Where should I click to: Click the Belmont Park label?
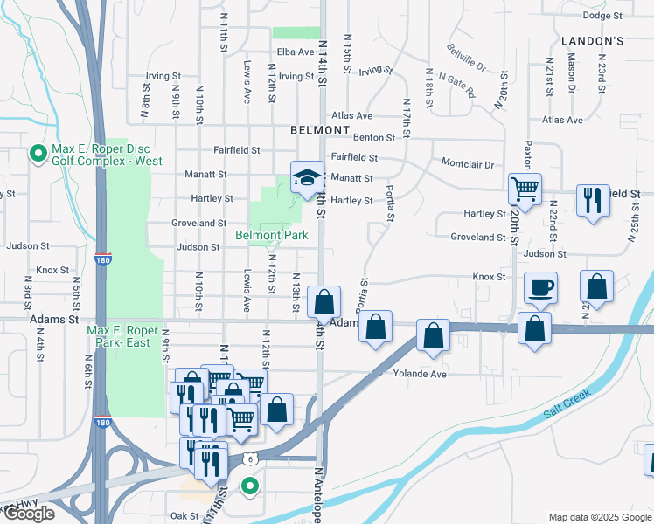point(271,235)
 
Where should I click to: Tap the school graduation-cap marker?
point(307,177)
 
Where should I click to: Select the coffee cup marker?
point(539,288)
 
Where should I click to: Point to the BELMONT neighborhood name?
point(321,130)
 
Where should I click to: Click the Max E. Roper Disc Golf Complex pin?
point(38,155)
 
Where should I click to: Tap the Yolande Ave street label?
point(420,374)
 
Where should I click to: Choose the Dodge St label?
point(602,15)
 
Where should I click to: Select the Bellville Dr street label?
point(466,57)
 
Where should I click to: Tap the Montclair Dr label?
point(468,164)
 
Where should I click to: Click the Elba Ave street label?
point(295,52)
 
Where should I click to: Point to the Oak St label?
point(184,515)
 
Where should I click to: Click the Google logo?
point(28,514)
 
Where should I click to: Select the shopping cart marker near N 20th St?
point(525,188)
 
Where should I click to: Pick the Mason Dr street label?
point(571,73)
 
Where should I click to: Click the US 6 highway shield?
point(250,458)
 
